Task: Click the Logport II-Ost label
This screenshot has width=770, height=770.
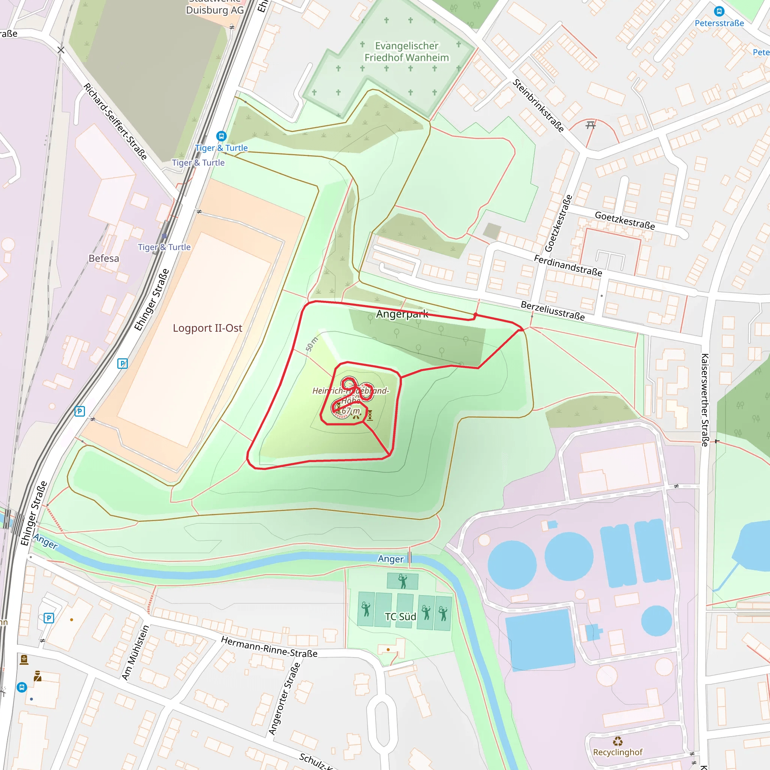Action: (x=207, y=328)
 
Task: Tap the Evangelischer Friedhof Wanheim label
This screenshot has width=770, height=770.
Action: (x=406, y=52)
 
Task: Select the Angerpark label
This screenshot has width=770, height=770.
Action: (x=402, y=314)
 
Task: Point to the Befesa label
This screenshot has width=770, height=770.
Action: (x=104, y=258)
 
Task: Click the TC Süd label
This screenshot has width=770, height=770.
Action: (x=400, y=617)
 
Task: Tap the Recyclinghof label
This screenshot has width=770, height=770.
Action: (x=617, y=752)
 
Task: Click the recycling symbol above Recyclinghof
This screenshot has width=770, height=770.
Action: (x=618, y=741)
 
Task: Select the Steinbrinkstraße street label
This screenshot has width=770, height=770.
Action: (x=538, y=106)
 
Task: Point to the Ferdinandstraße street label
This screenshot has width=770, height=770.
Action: (x=568, y=266)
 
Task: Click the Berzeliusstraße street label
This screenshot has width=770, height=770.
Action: (x=553, y=311)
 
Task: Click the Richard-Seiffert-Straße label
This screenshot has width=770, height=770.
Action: (x=115, y=121)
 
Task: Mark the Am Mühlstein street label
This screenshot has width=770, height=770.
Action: (x=135, y=652)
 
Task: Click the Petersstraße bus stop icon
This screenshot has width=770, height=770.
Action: (x=719, y=11)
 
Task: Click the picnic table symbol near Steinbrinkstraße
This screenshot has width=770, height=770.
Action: (x=591, y=126)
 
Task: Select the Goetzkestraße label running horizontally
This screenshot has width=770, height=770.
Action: (x=624, y=221)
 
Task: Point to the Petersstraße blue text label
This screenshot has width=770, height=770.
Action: (x=719, y=23)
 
